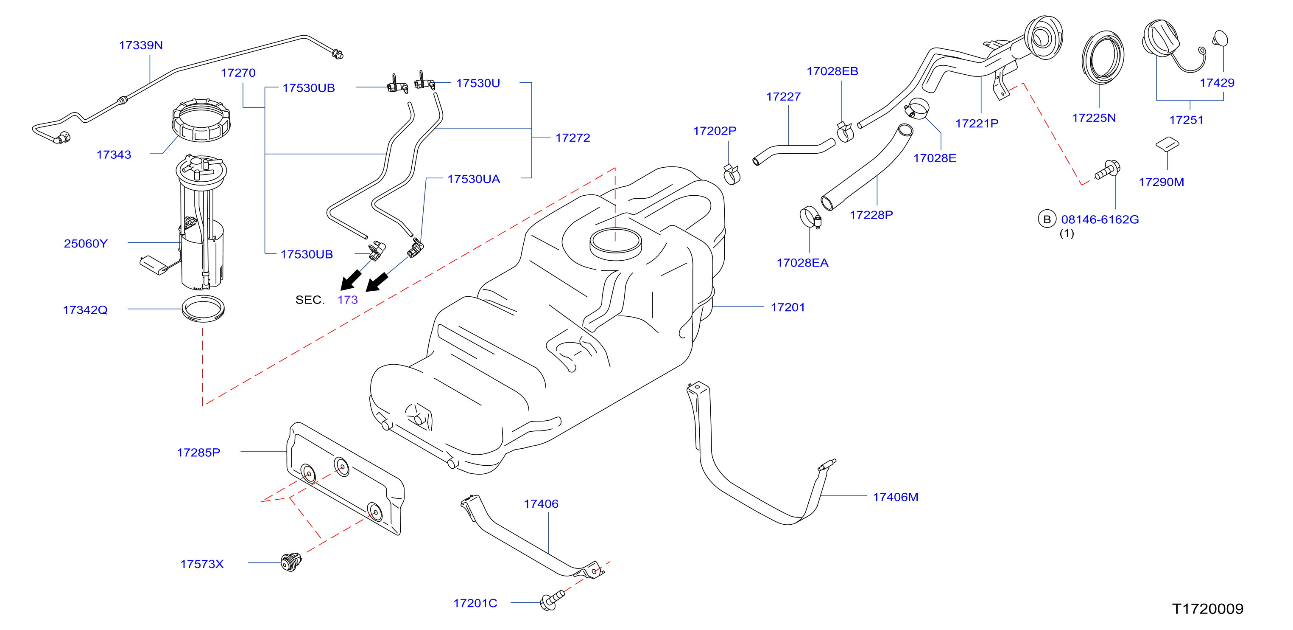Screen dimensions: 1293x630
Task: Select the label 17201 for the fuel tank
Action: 788,307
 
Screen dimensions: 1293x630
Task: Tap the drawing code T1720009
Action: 1208,608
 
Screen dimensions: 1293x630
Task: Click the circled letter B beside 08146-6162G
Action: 1047,219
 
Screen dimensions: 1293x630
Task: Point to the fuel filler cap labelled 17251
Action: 1162,38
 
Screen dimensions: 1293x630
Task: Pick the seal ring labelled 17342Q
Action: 203,309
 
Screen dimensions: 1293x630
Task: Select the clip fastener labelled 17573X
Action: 291,562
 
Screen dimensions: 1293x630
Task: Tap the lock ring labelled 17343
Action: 201,121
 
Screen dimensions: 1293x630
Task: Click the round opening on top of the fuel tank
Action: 615,243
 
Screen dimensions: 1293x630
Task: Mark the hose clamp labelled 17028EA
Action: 810,217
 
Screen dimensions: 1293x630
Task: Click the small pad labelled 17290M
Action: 1167,143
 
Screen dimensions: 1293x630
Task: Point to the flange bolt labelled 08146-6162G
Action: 1108,170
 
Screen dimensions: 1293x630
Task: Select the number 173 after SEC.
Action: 347,300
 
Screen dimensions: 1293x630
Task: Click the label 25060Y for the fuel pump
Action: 86,244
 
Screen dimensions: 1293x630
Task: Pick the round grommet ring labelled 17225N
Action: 1103,57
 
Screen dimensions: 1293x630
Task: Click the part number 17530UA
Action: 473,179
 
